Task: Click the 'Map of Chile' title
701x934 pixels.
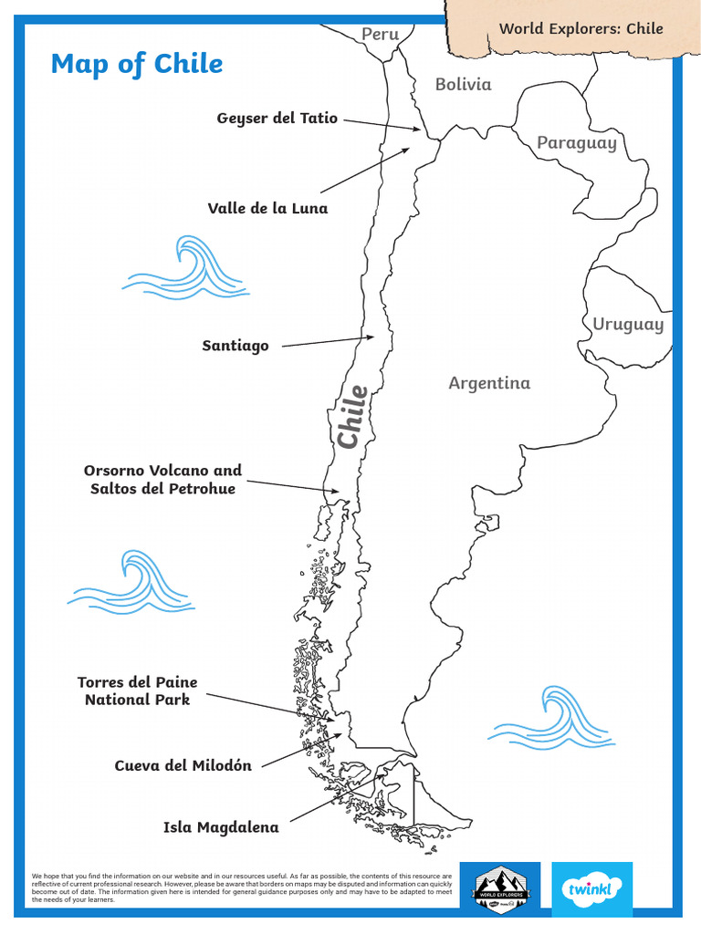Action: pos(137,64)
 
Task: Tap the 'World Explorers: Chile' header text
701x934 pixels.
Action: pos(581,28)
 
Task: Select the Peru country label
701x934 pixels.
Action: pos(381,34)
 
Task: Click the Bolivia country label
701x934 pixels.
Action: pos(463,84)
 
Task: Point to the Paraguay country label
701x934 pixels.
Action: pos(576,142)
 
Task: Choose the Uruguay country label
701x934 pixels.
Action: pos(628,324)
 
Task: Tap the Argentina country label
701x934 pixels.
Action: pos(489,383)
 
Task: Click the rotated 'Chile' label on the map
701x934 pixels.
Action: pos(352,417)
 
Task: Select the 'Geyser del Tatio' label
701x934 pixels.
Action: pos(277,119)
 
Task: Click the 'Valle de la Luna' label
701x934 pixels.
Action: pos(267,208)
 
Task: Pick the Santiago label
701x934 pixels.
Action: pos(235,346)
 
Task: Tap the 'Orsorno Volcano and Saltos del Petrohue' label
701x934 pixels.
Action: pos(163,480)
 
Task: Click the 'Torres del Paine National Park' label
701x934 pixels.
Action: pos(137,691)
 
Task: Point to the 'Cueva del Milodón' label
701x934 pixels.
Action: pos(183,765)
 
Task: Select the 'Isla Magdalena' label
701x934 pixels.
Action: pos(221,827)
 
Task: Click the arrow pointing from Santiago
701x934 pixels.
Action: pos(328,341)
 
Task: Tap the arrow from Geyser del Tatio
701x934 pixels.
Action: pos(382,124)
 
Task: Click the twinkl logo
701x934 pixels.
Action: pos(591,888)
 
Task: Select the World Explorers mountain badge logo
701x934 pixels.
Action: pos(500,888)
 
